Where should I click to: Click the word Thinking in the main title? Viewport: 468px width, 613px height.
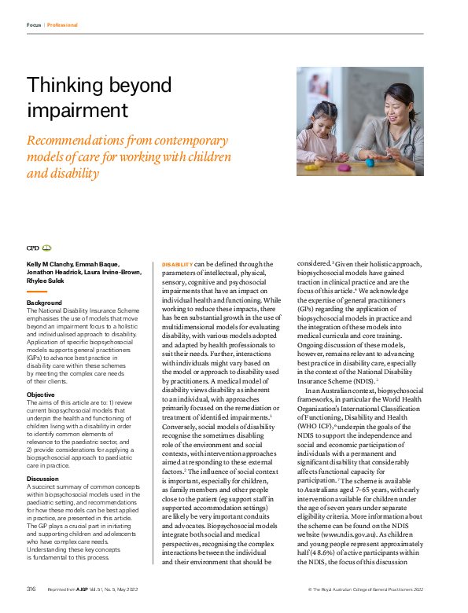click(x=59, y=86)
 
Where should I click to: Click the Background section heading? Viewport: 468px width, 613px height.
click(x=44, y=303)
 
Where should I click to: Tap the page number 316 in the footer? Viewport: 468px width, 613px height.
click(x=31, y=589)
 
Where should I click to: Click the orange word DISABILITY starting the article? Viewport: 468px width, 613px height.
click(x=176, y=264)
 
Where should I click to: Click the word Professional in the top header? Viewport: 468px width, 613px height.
click(x=62, y=25)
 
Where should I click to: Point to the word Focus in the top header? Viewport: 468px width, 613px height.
click(x=34, y=25)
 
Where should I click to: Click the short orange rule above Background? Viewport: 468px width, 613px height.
click(x=43, y=292)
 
